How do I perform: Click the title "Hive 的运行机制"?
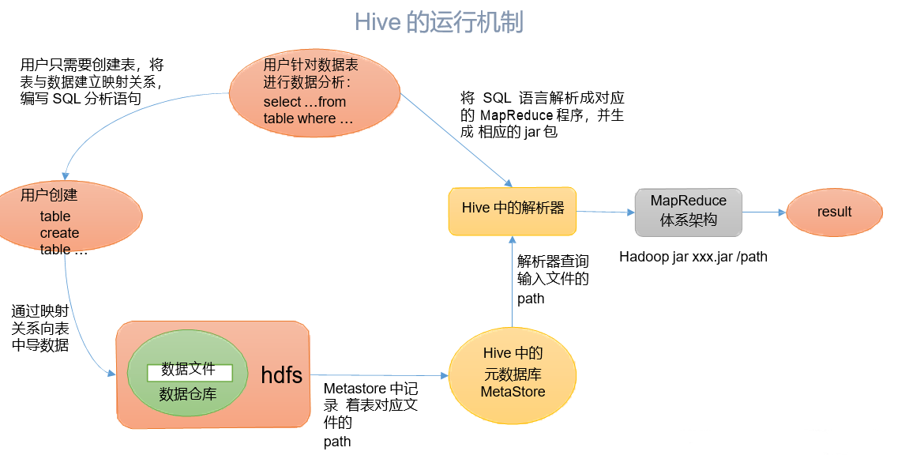click(438, 22)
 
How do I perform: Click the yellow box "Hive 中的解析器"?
click(513, 210)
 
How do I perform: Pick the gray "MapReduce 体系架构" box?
click(688, 211)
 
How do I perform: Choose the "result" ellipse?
click(834, 212)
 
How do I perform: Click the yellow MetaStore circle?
click(513, 372)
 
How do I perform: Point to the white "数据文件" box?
click(189, 370)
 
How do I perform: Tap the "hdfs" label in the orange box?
click(281, 375)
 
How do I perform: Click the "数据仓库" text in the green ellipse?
click(187, 393)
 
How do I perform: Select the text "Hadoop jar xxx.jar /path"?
click(693, 257)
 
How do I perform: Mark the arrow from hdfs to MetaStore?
click(379, 374)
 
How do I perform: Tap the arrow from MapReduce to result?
click(764, 212)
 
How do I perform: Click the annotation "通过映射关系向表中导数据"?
click(39, 328)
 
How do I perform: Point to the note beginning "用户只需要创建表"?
click(92, 81)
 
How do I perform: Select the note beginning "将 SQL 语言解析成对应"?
click(543, 115)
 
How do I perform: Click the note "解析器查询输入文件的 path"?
click(552, 280)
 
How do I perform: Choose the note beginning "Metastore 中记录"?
click(370, 415)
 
